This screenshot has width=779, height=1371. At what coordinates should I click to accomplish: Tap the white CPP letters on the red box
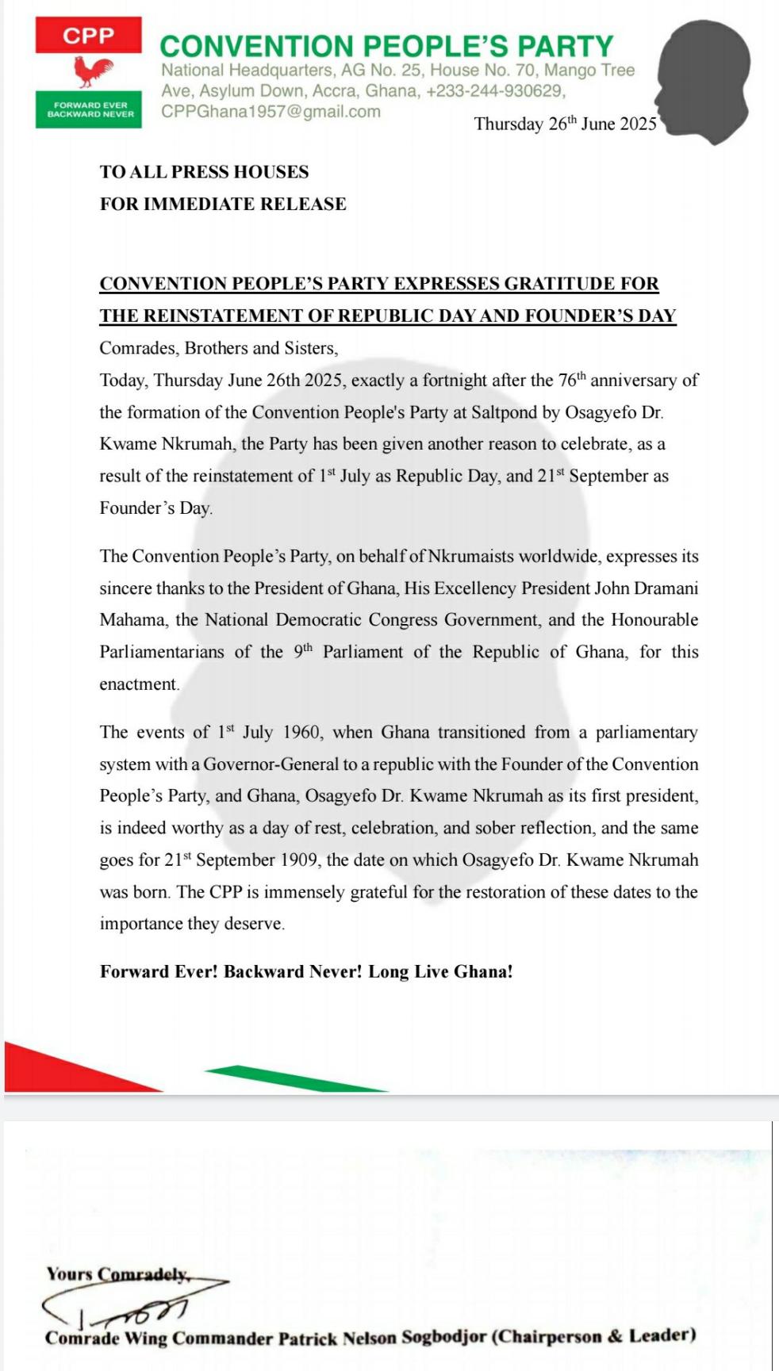(88, 36)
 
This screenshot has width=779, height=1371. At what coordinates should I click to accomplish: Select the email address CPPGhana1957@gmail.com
(271, 112)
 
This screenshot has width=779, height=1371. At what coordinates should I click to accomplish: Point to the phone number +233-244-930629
(494, 91)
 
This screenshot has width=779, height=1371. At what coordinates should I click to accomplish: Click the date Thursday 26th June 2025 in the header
(565, 124)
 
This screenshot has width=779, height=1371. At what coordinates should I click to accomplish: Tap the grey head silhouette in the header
(704, 80)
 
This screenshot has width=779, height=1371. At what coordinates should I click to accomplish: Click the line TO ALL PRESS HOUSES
(204, 172)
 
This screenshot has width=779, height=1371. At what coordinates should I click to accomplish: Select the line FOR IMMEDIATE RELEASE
(223, 204)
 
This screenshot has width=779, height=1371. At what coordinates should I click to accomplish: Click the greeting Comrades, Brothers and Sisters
(219, 348)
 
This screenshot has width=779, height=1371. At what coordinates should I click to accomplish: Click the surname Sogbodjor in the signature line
(443, 1338)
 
